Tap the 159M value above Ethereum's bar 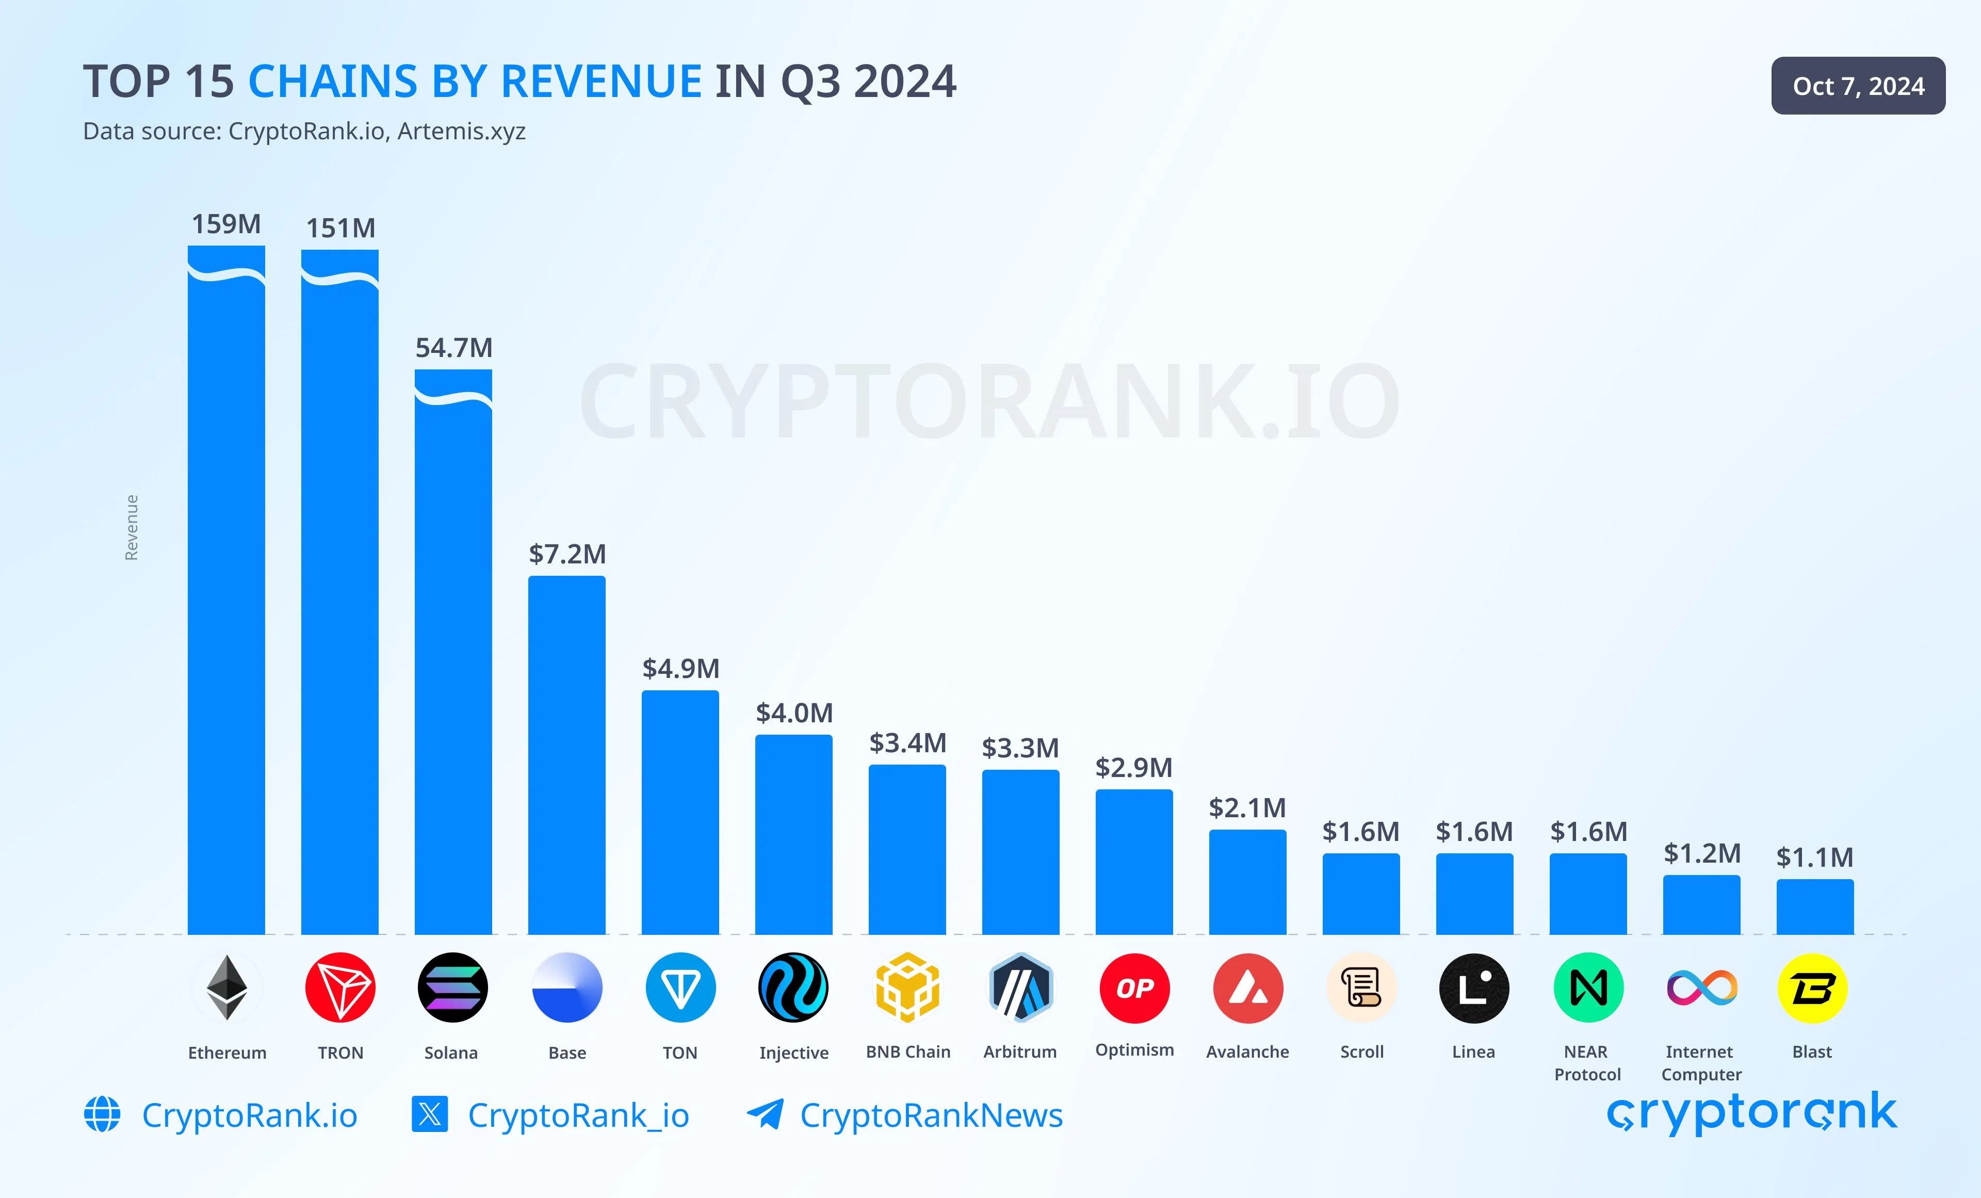226,223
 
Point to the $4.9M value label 680,668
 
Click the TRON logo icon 340,987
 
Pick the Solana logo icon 452,987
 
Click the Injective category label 793,1053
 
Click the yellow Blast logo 1812,988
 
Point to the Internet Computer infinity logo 1701,988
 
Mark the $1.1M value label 1814,857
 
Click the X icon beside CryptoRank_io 429,1114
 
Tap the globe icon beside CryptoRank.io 102,1114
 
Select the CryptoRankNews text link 931,1115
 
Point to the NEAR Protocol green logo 1588,988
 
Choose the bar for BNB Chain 907,849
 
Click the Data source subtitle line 304,131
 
